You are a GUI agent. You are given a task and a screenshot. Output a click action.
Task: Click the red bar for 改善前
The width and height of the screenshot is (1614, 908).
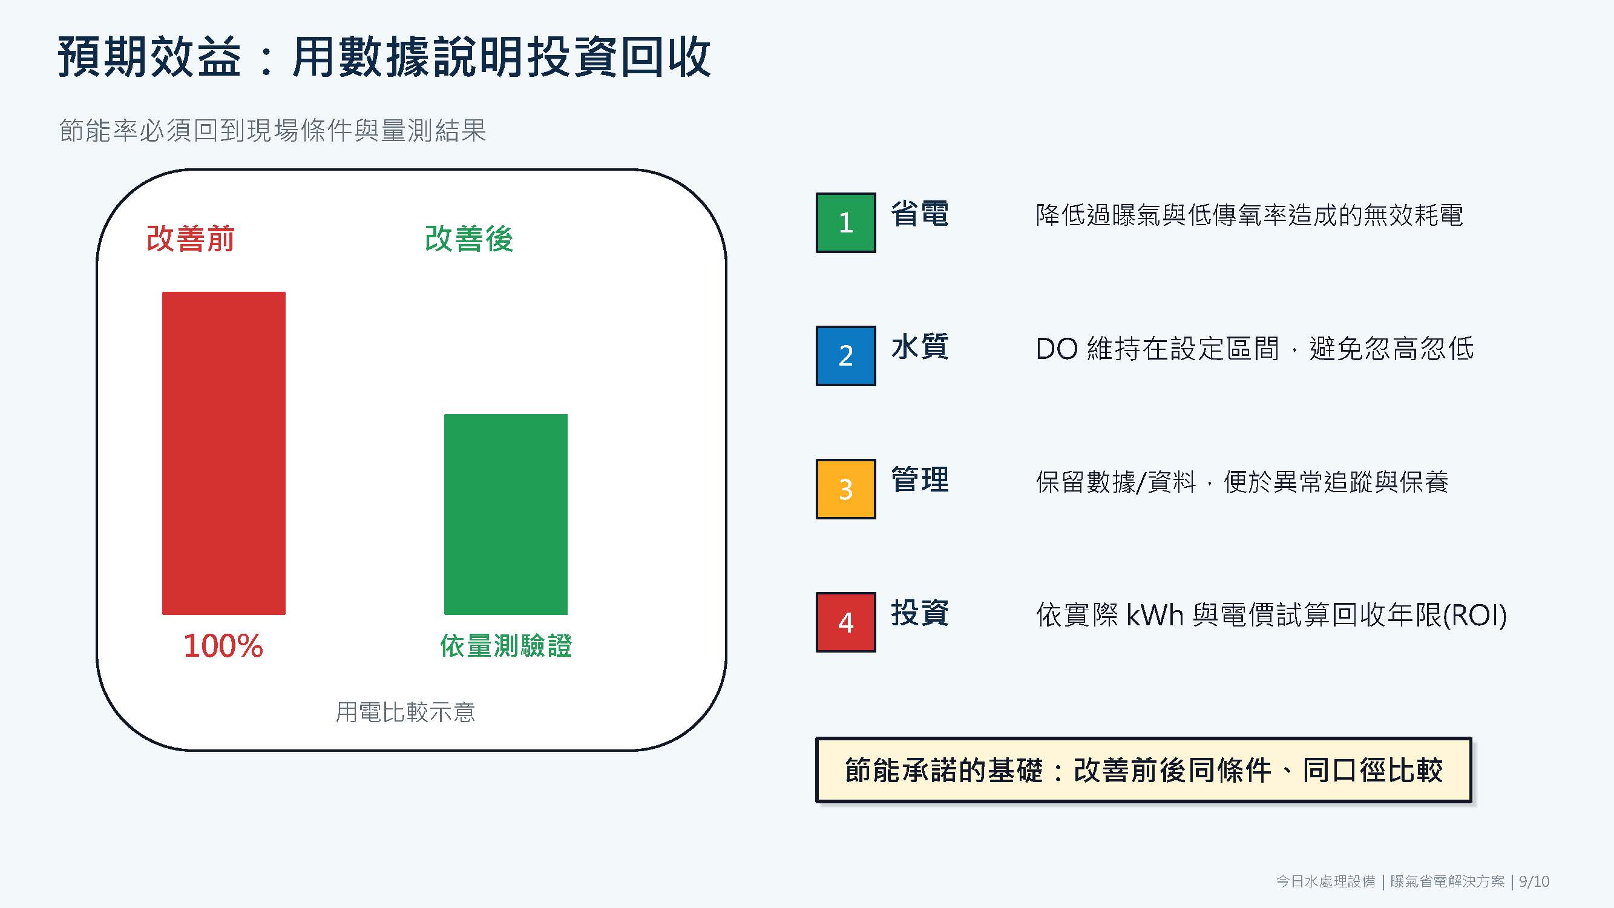click(224, 453)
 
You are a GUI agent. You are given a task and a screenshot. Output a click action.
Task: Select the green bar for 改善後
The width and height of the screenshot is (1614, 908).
click(506, 515)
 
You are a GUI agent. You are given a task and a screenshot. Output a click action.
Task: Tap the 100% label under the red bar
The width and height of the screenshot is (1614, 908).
click(223, 646)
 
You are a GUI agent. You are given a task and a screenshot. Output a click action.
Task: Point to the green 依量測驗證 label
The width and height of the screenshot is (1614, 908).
click(506, 646)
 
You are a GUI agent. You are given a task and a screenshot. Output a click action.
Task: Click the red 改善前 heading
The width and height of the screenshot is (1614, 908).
click(191, 239)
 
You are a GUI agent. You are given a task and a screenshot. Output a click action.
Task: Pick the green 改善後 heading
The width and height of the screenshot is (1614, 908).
click(469, 239)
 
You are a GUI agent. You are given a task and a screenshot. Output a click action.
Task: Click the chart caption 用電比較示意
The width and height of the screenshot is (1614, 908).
click(405, 712)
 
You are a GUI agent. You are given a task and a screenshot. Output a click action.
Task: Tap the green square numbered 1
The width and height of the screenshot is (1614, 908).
click(846, 222)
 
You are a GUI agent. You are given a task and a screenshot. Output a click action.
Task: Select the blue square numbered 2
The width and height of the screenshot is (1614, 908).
click(846, 356)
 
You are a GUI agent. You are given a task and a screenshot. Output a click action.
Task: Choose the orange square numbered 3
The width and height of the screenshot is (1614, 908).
click(846, 489)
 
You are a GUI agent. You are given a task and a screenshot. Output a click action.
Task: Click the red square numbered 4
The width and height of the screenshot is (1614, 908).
click(846, 622)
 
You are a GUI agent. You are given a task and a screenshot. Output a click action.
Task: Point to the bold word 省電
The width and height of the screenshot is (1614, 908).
click(920, 214)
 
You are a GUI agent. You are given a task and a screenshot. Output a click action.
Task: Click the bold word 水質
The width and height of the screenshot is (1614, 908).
click(920, 347)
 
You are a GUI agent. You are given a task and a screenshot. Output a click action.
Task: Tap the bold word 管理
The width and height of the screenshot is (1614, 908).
click(920, 480)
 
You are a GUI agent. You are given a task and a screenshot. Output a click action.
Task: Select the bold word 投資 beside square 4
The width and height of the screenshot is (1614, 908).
click(920, 613)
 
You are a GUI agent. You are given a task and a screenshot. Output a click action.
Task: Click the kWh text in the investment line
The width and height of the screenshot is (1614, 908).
click(1154, 616)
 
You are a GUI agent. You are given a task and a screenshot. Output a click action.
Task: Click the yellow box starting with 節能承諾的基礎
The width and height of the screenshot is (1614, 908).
click(1143, 770)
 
